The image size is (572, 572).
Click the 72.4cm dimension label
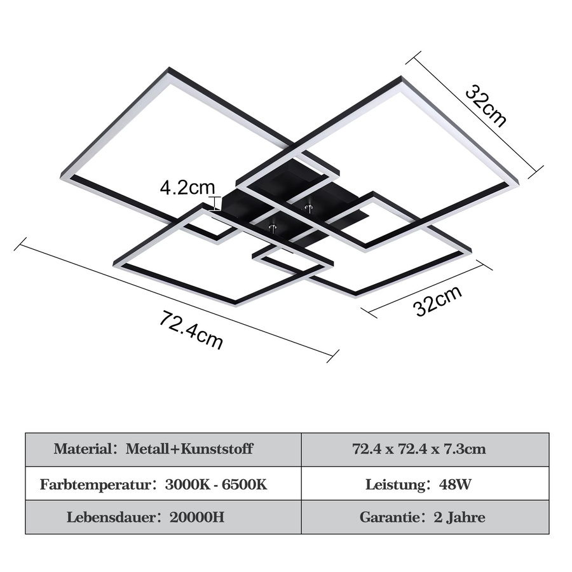pos(191,330)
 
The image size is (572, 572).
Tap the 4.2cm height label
pos(187,187)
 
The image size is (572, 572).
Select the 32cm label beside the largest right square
pos(486,106)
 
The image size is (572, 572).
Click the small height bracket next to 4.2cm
pos(215,203)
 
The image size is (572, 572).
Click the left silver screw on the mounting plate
pos(272,229)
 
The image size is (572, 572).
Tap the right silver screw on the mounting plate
pos(309,208)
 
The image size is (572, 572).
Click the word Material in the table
pos(83,449)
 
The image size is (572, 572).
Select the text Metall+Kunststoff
pos(189,449)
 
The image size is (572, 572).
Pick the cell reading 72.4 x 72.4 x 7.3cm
pos(419,449)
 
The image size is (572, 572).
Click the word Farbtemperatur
pos(95,484)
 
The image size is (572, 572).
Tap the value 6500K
pos(245,484)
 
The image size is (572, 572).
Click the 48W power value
pos(455,484)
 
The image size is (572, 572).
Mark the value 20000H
pos(196,517)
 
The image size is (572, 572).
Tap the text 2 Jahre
pos(460,517)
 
